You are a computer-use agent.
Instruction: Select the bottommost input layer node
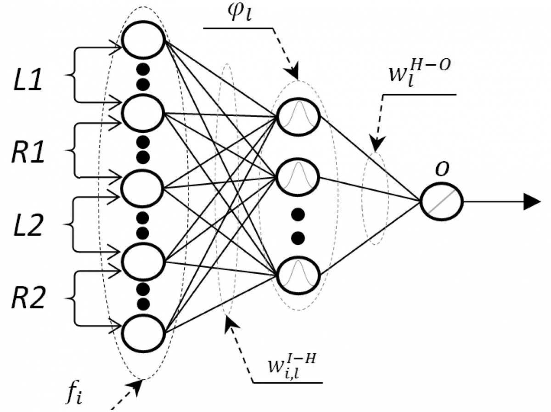pyautogui.click(x=142, y=333)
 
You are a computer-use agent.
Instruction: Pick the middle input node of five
pyautogui.click(x=142, y=187)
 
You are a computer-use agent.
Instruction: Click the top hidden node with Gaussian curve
pyautogui.click(x=298, y=115)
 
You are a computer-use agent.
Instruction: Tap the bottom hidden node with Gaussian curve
pyautogui.click(x=298, y=275)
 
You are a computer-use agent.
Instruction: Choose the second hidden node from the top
pyautogui.click(x=298, y=177)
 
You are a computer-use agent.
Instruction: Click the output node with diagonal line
pyautogui.click(x=441, y=201)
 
